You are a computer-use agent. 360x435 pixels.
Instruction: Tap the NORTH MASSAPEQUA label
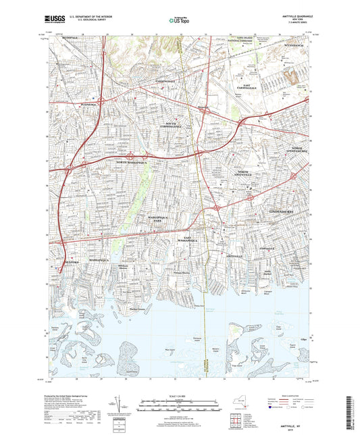click(x=132, y=163)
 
